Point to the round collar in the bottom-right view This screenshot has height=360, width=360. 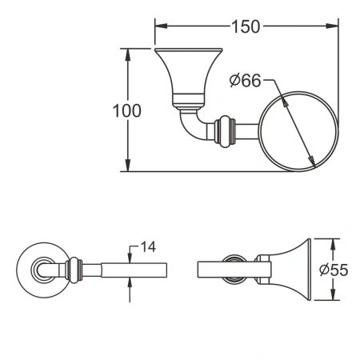pyautogui.click(x=234, y=270)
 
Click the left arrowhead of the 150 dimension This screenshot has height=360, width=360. pyautogui.click(x=158, y=26)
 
